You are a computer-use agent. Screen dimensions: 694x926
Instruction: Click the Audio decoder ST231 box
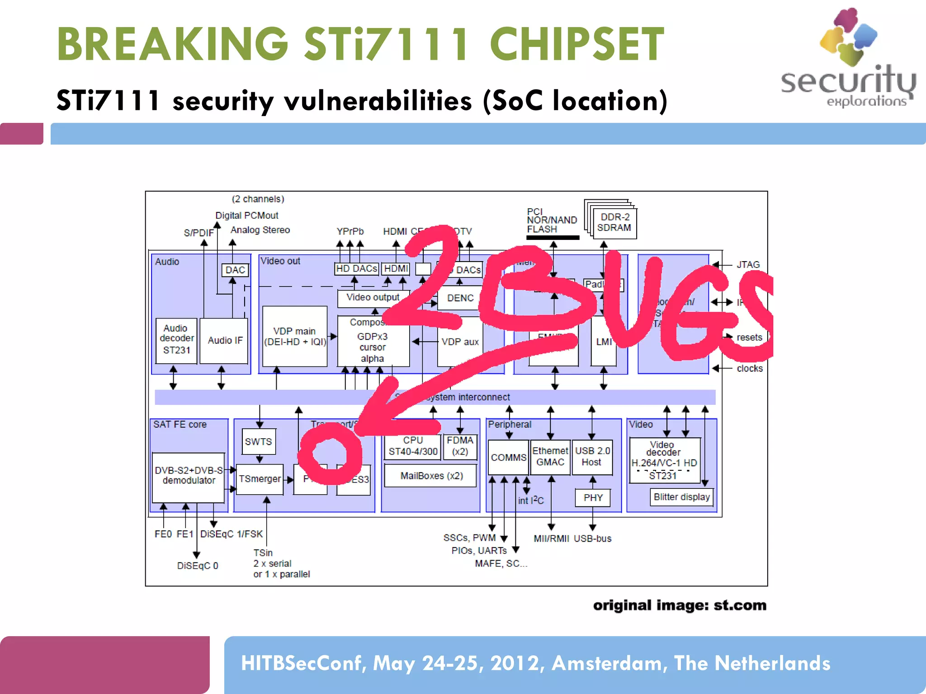[176, 340]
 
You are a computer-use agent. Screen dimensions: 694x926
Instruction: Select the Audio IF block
[224, 340]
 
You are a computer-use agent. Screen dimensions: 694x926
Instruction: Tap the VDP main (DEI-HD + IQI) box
[295, 337]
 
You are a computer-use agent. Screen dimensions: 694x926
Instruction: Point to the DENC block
[459, 298]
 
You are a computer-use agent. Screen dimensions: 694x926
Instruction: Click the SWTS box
[259, 441]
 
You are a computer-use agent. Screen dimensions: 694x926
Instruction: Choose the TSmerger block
[260, 479]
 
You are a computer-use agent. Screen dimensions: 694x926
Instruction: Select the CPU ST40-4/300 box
[412, 446]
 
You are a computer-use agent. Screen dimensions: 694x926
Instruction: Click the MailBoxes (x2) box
[430, 476]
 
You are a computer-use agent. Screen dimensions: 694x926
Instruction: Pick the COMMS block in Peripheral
[508, 457]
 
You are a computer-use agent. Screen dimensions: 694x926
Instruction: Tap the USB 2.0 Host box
[592, 457]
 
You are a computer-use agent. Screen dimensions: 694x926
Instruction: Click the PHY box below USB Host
[593, 497]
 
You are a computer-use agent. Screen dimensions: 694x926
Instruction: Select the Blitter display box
[681, 497]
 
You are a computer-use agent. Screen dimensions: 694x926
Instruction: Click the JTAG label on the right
[748, 264]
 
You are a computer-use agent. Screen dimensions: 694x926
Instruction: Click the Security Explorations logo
[849, 59]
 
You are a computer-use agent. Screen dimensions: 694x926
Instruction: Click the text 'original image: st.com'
[680, 605]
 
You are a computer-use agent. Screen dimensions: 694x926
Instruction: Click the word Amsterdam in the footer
[609, 663]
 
